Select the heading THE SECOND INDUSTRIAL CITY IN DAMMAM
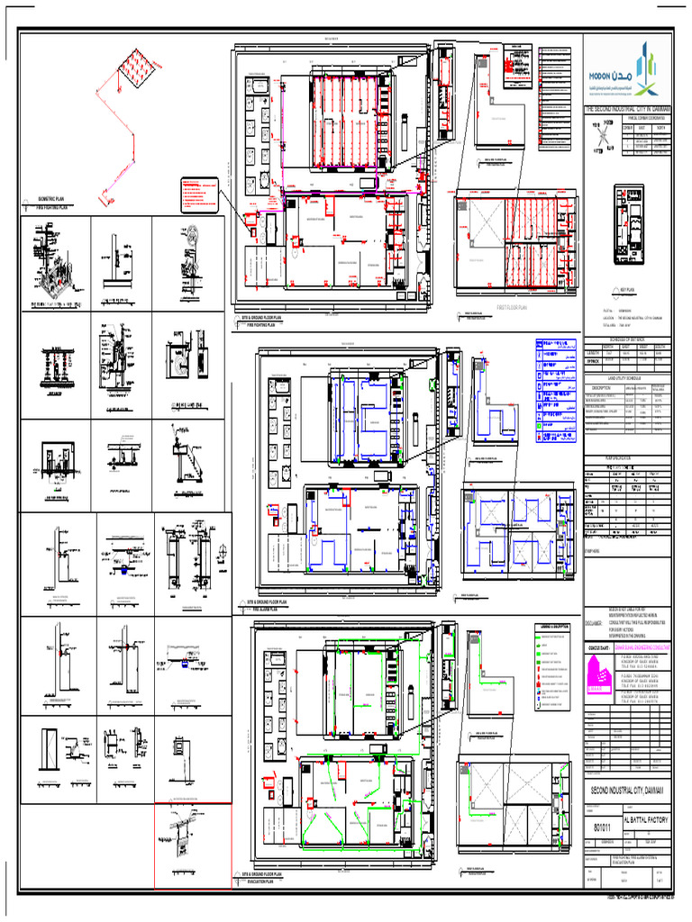[628, 109]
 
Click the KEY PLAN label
[628, 290]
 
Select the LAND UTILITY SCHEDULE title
[628, 377]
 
